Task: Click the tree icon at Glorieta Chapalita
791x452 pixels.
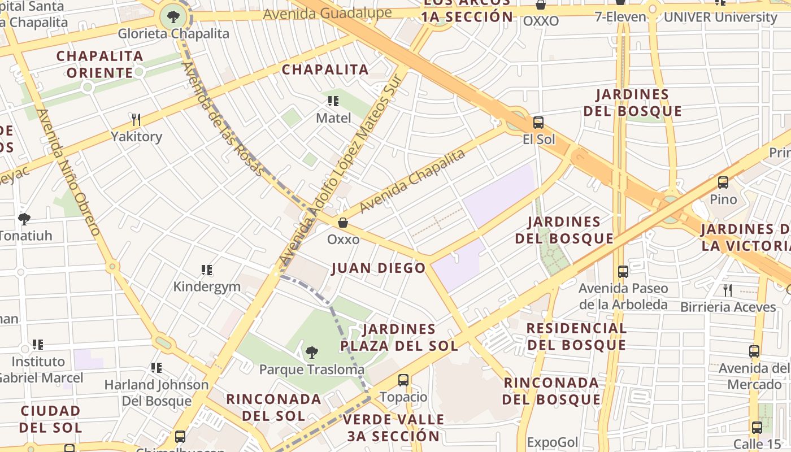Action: click(x=173, y=16)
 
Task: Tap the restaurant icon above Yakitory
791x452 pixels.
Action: click(x=136, y=119)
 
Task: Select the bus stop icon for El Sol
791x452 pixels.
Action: click(x=538, y=123)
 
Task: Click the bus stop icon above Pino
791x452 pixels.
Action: click(x=723, y=182)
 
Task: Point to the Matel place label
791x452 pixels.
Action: click(x=333, y=118)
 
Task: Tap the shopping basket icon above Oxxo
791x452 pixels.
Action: click(x=343, y=223)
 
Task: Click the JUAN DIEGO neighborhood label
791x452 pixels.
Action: click(x=379, y=268)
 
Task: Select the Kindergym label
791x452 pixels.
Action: click(x=207, y=286)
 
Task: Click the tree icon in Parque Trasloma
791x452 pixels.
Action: click(x=311, y=353)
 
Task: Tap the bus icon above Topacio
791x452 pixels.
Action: click(x=403, y=380)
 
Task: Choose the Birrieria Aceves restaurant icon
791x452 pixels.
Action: click(x=728, y=290)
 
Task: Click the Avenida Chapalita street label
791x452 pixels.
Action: click(x=412, y=181)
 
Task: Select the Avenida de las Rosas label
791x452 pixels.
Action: click(x=222, y=119)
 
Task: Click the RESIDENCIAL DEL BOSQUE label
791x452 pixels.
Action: click(x=576, y=337)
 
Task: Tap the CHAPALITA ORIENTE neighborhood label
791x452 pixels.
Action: click(x=99, y=64)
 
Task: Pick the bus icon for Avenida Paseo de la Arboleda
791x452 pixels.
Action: click(x=623, y=272)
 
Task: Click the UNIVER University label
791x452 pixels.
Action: click(x=720, y=17)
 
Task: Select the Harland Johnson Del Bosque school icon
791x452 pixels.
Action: click(x=157, y=368)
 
